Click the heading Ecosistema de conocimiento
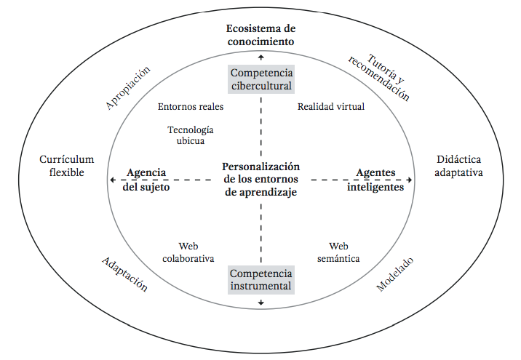click(x=260, y=35)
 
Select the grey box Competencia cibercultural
click(x=261, y=79)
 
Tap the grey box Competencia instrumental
click(x=261, y=280)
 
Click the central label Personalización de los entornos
click(x=261, y=180)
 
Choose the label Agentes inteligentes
click(x=375, y=180)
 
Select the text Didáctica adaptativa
click(x=459, y=166)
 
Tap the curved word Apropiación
click(x=128, y=89)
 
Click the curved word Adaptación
click(x=125, y=274)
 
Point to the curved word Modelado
click(x=395, y=275)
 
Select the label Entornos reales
click(x=191, y=106)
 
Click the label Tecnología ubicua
click(x=191, y=135)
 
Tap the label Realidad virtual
click(x=331, y=106)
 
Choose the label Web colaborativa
click(x=188, y=252)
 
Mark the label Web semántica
click(x=338, y=252)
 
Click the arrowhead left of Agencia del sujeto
click(x=112, y=180)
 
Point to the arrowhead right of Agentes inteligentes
click(x=410, y=180)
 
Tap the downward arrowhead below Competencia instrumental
click(x=261, y=303)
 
